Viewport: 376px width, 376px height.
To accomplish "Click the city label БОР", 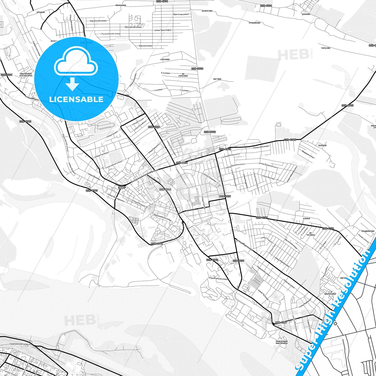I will click(x=122, y=188).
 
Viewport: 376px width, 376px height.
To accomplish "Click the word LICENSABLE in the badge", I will click(x=76, y=99).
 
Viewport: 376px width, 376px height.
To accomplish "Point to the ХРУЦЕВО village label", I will click(x=41, y=12).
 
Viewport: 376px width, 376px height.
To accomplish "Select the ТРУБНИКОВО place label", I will click(x=254, y=23).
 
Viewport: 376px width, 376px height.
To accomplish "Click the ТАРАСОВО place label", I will click(x=326, y=48).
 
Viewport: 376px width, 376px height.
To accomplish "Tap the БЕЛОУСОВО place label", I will click(x=207, y=11).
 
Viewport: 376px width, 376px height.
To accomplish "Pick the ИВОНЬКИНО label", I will click(x=121, y=5).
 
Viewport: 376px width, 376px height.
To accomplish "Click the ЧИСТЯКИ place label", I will click(x=217, y=79).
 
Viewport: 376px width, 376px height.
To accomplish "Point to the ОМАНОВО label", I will click(x=306, y=14).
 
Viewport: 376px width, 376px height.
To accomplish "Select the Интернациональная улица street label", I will click(x=144, y=176).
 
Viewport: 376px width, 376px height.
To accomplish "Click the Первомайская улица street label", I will click(x=163, y=217).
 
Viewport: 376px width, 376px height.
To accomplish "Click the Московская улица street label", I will click(x=133, y=27).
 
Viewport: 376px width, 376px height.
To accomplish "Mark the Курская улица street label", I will click(x=145, y=46).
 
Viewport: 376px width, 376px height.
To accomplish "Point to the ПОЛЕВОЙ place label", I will click(x=322, y=145).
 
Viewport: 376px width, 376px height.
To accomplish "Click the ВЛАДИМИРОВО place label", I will click(x=368, y=231).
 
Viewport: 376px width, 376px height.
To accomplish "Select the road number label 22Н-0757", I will click(x=281, y=322).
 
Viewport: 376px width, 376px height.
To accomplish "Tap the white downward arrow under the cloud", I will click(x=72, y=84).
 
